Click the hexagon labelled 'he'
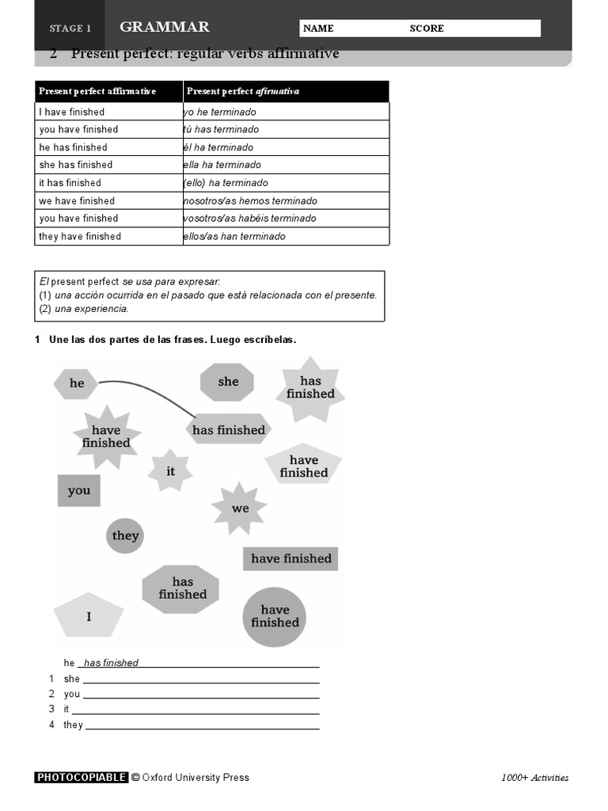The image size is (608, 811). tap(75, 383)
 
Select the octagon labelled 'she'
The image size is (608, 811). tap(228, 382)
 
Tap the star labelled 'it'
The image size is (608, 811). tap(170, 471)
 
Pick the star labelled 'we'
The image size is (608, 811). tap(240, 508)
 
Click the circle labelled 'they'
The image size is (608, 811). tap(125, 536)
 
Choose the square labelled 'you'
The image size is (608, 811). tap(79, 491)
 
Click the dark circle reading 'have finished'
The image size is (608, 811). tap(275, 616)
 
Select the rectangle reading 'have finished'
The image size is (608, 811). tap(291, 559)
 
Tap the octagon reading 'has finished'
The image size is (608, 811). tap(182, 588)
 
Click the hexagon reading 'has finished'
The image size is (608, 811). tap(229, 430)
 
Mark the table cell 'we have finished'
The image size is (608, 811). tap(109, 201)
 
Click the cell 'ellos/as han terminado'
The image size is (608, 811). tap(286, 237)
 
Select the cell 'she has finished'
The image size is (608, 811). tap(109, 165)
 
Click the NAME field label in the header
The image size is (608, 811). tap(318, 29)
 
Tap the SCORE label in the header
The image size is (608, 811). tap(427, 29)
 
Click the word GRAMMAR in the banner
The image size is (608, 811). tap(165, 27)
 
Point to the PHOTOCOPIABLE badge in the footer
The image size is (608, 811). tap(81, 778)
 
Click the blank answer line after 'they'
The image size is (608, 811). tap(202, 725)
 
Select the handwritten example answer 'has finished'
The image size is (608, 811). tap(111, 663)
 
